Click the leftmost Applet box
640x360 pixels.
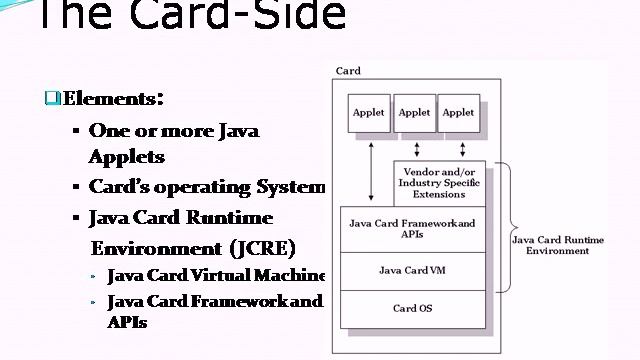(369, 113)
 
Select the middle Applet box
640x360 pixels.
(414, 113)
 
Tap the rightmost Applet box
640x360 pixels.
(459, 113)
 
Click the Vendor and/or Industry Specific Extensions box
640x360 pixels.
(439, 182)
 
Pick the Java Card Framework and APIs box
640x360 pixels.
(412, 229)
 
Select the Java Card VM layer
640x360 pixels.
(412, 270)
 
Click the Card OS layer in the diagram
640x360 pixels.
(412, 308)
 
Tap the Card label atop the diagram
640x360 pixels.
(349, 72)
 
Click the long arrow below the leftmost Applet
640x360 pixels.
(371, 170)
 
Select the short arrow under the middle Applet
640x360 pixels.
(414, 147)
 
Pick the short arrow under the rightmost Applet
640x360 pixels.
(461, 147)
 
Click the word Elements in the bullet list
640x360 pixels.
(109, 98)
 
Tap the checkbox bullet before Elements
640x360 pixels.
(52, 98)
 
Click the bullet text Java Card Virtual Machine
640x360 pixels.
(216, 275)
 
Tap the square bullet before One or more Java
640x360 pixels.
(76, 131)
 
